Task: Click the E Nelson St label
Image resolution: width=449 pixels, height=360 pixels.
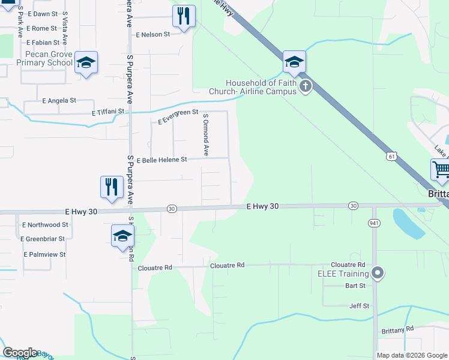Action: [x=152, y=35]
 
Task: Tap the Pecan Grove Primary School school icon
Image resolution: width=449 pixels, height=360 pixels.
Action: [x=86, y=62]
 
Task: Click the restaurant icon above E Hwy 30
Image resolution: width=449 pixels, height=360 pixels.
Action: [x=112, y=187]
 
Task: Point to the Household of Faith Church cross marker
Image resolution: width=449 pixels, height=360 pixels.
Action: [x=306, y=87]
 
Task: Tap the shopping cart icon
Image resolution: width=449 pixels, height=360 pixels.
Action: [x=441, y=170]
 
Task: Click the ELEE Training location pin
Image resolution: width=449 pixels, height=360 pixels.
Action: [x=378, y=274]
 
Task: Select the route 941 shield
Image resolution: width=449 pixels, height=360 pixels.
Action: [x=373, y=223]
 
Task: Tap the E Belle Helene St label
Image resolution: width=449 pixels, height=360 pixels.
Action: [x=162, y=161]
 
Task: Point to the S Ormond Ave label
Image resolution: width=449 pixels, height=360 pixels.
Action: [x=205, y=135]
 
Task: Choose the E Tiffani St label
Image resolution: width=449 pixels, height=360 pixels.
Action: [x=108, y=112]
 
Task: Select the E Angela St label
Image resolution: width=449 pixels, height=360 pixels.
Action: [x=59, y=101]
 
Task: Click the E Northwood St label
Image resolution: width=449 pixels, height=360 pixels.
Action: [x=45, y=225]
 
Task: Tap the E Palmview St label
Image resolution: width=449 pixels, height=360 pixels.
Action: [x=44, y=254]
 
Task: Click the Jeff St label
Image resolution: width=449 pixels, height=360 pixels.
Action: [x=359, y=306]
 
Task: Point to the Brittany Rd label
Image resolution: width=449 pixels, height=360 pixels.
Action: [x=397, y=329]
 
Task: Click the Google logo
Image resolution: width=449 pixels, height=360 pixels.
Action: [x=20, y=353]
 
